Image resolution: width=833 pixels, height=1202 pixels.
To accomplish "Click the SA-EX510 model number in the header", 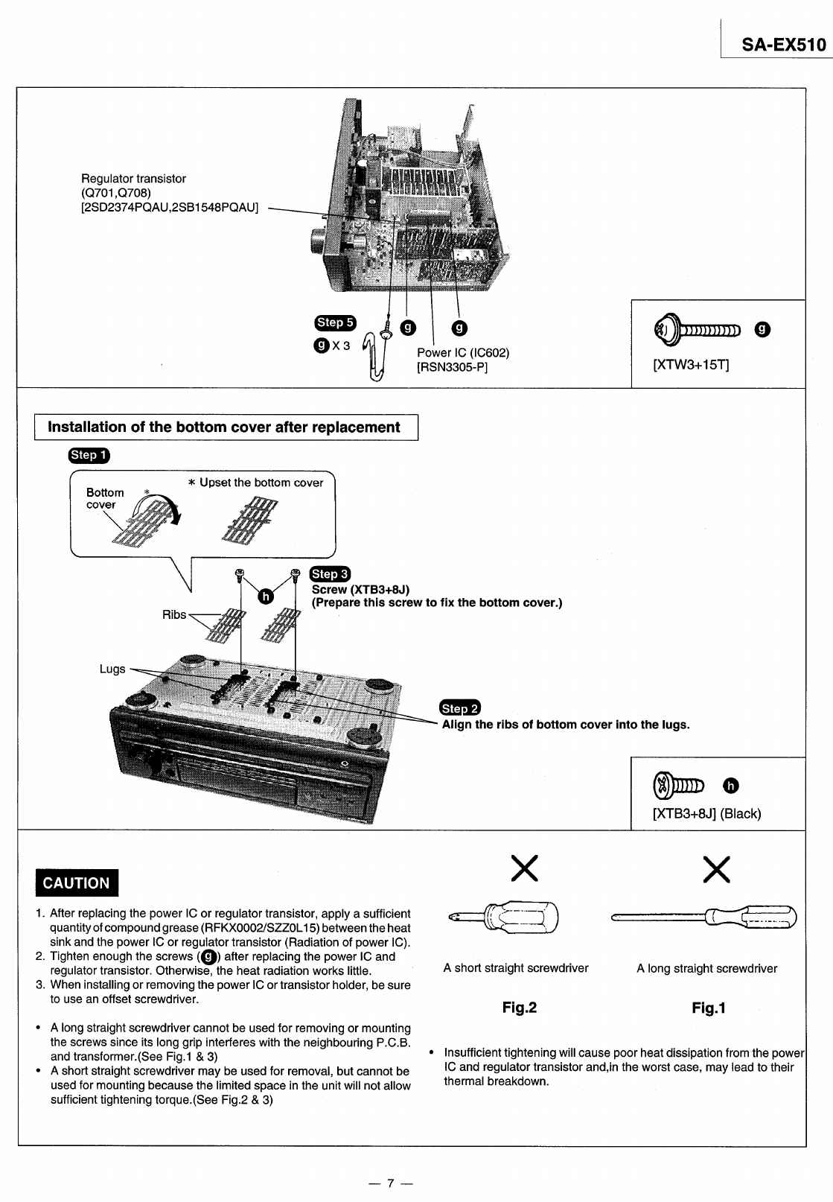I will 783,45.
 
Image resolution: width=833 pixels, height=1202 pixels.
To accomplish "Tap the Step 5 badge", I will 336,322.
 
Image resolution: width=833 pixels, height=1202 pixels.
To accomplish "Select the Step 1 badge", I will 89,455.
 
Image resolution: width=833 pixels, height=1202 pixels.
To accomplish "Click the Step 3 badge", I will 330,573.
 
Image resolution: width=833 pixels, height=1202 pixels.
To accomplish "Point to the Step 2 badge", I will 461,708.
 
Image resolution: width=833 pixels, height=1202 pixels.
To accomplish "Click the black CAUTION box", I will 77,883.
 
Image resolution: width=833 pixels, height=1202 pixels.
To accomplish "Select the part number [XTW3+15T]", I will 690,366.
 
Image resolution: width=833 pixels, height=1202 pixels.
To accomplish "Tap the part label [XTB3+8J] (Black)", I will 706,813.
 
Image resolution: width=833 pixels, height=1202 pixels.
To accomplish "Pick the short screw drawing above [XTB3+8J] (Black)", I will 678,785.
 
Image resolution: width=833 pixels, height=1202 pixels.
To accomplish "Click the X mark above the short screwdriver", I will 525,869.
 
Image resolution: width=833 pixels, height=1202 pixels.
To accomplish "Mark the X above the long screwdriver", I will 716,869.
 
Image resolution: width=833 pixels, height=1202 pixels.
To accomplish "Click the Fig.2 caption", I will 519,1008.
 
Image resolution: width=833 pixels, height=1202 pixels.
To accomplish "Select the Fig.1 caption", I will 709,1008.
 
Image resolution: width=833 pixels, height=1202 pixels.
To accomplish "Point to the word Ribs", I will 174,614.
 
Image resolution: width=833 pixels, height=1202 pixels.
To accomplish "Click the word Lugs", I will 112,669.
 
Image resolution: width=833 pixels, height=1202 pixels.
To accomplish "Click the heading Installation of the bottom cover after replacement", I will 224,427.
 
